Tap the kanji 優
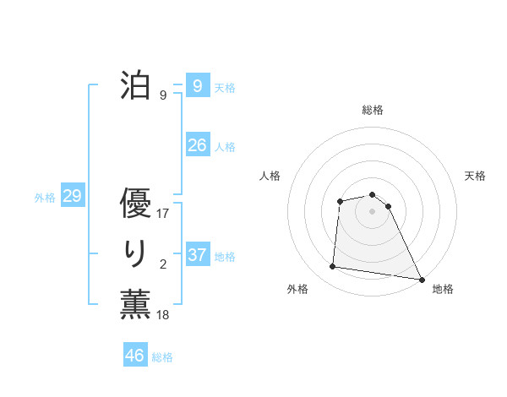[x=135, y=204]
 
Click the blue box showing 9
[x=197, y=85]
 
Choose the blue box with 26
[x=197, y=144]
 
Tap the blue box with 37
[x=197, y=254]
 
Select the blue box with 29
[x=72, y=197]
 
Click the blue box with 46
[x=135, y=356]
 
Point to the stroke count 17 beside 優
[x=163, y=214]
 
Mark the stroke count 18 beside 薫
[x=163, y=315]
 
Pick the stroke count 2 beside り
[x=163, y=264]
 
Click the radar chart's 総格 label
[x=373, y=110]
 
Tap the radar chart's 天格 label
[x=476, y=176]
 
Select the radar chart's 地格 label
[x=443, y=289]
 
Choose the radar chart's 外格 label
[x=297, y=289]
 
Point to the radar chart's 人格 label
[x=270, y=176]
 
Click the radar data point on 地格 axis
[x=421, y=279]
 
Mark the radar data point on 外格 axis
[x=333, y=267]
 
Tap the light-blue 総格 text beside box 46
[x=162, y=357]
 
